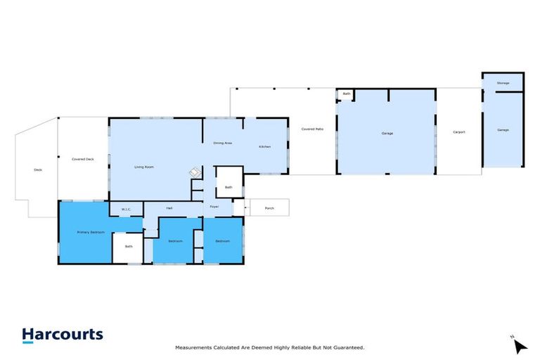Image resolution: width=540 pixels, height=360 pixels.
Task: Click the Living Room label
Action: [144, 167]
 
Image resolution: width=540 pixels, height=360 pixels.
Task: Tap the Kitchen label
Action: [264, 146]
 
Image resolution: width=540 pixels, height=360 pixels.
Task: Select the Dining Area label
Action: [223, 143]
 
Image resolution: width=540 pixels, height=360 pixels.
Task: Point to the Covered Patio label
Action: [312, 129]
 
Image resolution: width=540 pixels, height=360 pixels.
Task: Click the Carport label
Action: [458, 132]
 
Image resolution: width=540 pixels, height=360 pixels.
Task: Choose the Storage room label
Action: [503, 83]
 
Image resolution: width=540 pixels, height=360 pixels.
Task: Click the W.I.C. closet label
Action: [127, 209]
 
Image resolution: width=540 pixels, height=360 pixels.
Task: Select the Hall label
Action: [169, 208]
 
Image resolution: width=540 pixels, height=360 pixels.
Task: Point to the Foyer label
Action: [214, 207]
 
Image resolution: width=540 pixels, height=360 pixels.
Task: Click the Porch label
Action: [269, 208]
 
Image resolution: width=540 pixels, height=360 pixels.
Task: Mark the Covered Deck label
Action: [83, 160]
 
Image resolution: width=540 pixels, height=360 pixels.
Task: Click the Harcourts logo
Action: [62, 335]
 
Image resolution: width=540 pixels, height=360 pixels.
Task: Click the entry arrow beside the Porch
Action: [245, 208]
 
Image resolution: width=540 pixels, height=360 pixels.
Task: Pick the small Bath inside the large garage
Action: [347, 94]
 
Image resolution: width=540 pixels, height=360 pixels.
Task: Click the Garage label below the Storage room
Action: [503, 130]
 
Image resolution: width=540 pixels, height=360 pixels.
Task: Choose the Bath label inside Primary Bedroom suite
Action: [129, 246]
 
